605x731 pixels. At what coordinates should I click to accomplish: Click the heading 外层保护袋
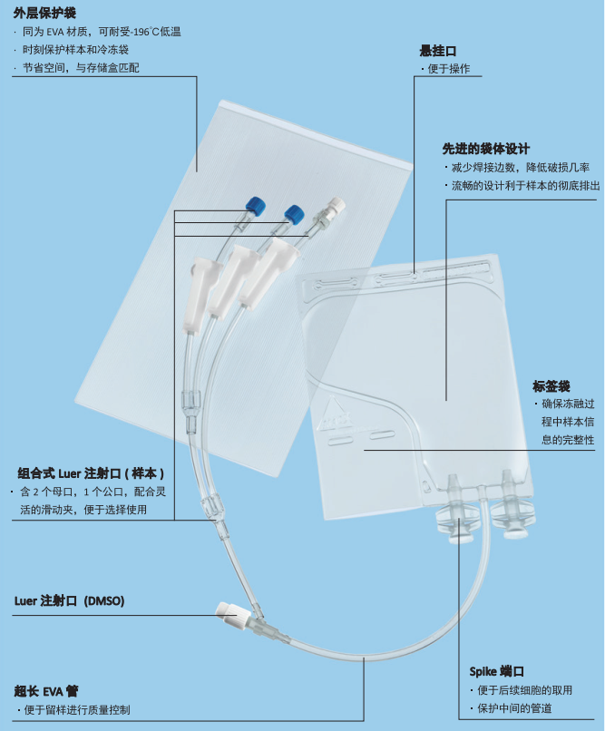pyautogui.click(x=44, y=13)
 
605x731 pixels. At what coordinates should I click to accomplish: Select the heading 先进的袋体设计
pyautogui.click(x=485, y=148)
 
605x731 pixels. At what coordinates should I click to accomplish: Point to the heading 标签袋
pyautogui.click(x=551, y=386)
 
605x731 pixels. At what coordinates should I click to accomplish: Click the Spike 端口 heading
pyautogui.click(x=496, y=671)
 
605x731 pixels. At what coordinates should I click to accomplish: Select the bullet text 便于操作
pyautogui.click(x=448, y=70)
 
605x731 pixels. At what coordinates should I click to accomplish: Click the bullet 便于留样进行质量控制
pyautogui.click(x=76, y=710)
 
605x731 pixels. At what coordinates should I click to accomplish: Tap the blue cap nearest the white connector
pyautogui.click(x=293, y=214)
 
